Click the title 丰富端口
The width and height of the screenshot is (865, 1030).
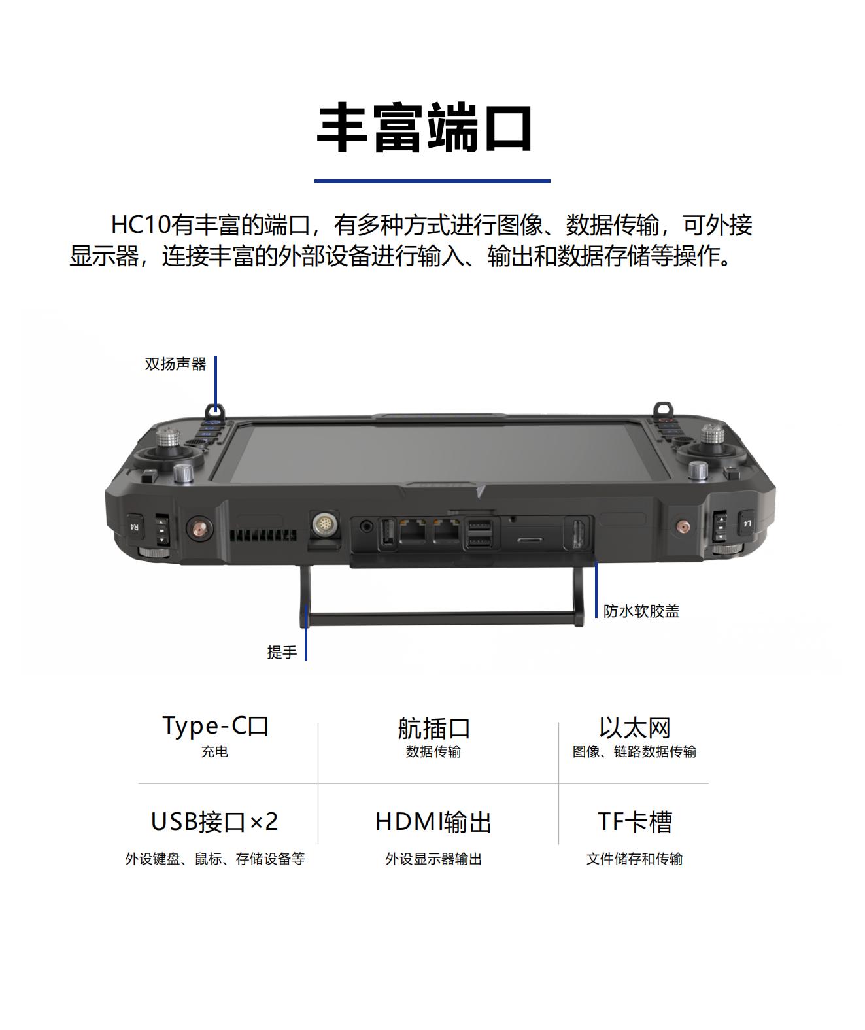click(x=424, y=129)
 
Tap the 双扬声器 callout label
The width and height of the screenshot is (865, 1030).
click(x=175, y=364)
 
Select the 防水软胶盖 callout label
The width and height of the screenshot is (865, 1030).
click(x=641, y=611)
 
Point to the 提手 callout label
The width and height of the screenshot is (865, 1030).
click(x=282, y=652)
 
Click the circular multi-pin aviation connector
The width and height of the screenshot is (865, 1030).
click(x=325, y=524)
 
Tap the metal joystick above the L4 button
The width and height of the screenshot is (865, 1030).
click(x=712, y=439)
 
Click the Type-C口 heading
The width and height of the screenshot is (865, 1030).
click(x=215, y=727)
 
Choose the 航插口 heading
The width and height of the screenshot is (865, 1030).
click(x=433, y=728)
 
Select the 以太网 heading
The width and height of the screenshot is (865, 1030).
click(x=634, y=728)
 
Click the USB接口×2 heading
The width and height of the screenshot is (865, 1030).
click(x=214, y=822)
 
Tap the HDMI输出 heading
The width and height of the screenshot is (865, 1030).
click(x=433, y=822)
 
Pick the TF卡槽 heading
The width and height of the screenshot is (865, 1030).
click(x=634, y=822)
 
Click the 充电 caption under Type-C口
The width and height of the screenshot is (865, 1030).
click(x=214, y=752)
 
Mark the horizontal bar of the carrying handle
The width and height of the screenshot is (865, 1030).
click(x=442, y=617)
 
